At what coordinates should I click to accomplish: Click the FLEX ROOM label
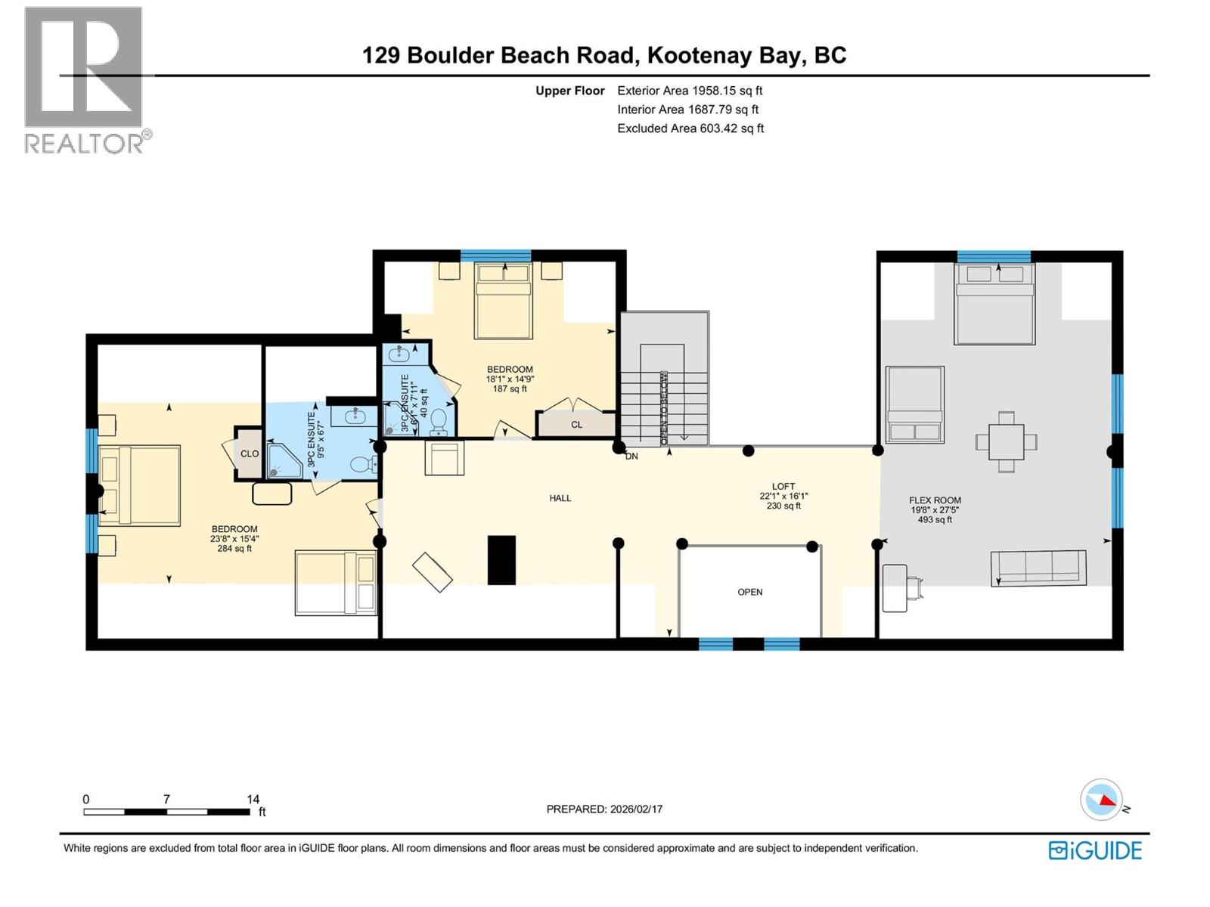click(935, 500)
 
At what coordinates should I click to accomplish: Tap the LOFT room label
click(783, 487)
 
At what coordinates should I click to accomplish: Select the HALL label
click(560, 498)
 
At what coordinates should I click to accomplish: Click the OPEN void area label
click(749, 592)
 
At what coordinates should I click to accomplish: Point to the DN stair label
click(631, 456)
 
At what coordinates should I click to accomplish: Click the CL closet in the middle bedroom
click(576, 425)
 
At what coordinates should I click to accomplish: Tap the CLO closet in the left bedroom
click(249, 453)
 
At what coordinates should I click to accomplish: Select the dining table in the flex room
click(1006, 442)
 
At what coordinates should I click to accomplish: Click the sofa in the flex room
click(1038, 568)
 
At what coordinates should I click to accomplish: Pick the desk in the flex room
click(895, 588)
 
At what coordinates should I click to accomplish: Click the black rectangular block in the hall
click(501, 559)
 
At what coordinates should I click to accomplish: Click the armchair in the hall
click(444, 458)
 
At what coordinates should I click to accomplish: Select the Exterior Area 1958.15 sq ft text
click(690, 91)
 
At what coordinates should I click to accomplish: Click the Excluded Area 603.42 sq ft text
click(690, 128)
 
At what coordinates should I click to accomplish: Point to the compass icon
click(1102, 800)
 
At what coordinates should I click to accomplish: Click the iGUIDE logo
click(1095, 850)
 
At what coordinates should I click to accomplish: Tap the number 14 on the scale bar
click(253, 799)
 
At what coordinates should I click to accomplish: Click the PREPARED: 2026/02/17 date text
click(604, 809)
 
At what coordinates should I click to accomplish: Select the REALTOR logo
click(85, 79)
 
